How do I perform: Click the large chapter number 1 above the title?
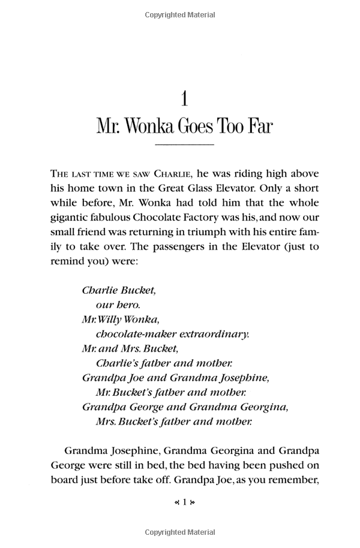pyautogui.click(x=185, y=98)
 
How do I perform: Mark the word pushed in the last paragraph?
pyautogui.click(x=283, y=464)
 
